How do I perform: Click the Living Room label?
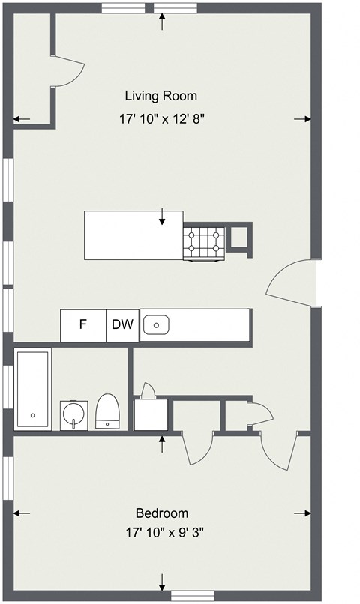pyautogui.click(x=160, y=96)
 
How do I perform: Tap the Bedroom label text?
pyautogui.click(x=161, y=513)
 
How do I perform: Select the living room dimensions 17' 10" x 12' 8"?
pyautogui.click(x=161, y=118)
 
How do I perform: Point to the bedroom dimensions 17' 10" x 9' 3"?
pyautogui.click(x=164, y=534)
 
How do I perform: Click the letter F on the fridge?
pyautogui.click(x=83, y=325)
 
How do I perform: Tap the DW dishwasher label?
pyautogui.click(x=122, y=325)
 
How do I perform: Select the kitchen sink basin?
pyautogui.click(x=156, y=325)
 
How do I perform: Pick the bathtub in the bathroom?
pyautogui.click(x=33, y=388)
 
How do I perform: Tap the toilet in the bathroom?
pyautogui.click(x=108, y=412)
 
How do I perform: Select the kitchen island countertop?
pyautogui.click(x=133, y=234)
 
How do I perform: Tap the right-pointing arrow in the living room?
pyautogui.click(x=302, y=119)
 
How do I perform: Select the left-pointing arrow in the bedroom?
pyautogui.click(x=22, y=513)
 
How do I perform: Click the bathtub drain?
pyautogui.click(x=32, y=414)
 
